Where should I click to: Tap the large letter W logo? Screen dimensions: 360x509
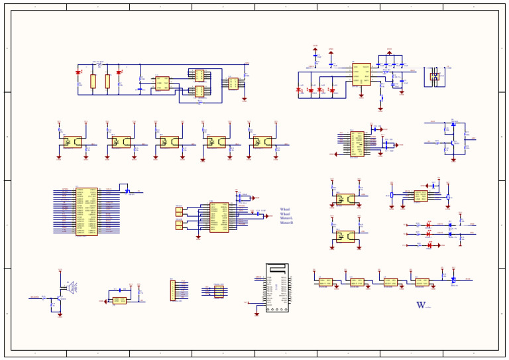click(x=421, y=306)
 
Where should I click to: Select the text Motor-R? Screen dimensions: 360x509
click(x=286, y=223)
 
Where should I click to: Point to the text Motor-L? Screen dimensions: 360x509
click(x=286, y=219)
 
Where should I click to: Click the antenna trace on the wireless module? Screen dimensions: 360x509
click(x=277, y=270)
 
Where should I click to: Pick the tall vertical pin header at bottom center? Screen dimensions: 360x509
click(x=173, y=290)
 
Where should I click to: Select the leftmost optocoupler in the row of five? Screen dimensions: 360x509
click(x=72, y=142)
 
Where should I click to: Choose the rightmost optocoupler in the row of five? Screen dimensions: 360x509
click(x=262, y=142)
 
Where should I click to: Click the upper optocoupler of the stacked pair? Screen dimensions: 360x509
click(x=345, y=199)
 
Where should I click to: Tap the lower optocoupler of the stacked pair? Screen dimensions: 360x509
click(x=345, y=236)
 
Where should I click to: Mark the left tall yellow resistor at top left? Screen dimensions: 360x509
click(x=93, y=82)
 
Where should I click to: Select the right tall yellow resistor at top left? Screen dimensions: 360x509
click(x=107, y=82)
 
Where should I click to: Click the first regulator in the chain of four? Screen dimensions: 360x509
click(x=325, y=282)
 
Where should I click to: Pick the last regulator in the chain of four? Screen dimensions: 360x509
click(x=422, y=282)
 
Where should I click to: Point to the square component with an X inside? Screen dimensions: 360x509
click(x=435, y=76)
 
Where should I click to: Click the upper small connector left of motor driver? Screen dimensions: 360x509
click(x=179, y=211)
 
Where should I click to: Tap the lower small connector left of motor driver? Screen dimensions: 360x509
click(x=179, y=225)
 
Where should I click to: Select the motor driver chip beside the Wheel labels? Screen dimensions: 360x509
click(x=219, y=217)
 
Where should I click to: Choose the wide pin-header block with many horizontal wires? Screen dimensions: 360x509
click(x=86, y=211)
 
